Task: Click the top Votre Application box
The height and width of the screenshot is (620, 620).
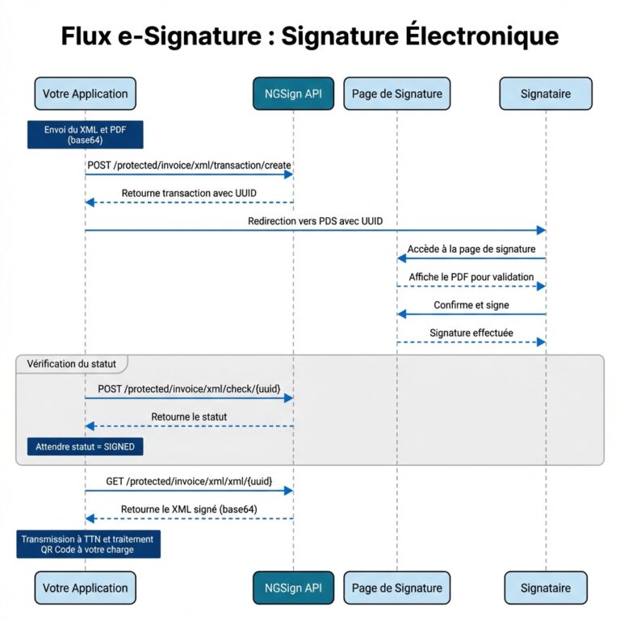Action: coord(85,94)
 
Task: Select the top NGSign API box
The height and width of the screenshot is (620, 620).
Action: coord(293,94)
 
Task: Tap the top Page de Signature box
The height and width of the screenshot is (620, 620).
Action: coord(396,94)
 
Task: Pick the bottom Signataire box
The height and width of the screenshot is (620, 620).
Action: coord(546,588)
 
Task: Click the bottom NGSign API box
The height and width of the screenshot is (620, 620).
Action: coord(293,588)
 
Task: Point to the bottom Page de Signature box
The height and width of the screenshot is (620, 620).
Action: coord(396,588)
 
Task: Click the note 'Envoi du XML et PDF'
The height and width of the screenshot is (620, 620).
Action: coord(85,134)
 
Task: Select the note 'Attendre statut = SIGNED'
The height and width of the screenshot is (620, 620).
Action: coord(85,446)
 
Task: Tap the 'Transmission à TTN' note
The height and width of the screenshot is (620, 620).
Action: coord(89,544)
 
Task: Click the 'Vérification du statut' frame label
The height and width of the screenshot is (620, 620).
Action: coord(72,364)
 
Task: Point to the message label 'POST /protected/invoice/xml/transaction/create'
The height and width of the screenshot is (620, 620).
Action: coord(189,165)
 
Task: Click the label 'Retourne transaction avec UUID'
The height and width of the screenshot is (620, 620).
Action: coord(189,193)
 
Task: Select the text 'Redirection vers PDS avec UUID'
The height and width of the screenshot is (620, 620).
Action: coord(316,221)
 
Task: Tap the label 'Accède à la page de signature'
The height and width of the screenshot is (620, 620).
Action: coord(471,249)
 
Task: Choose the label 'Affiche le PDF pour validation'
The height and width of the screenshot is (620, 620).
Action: coord(471,277)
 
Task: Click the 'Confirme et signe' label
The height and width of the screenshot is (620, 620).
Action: coord(471,305)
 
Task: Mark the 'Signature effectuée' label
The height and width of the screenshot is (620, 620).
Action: coord(471,333)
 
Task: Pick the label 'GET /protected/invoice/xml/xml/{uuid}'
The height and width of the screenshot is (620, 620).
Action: coord(189,481)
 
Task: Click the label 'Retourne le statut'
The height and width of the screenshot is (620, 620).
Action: coord(189,417)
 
